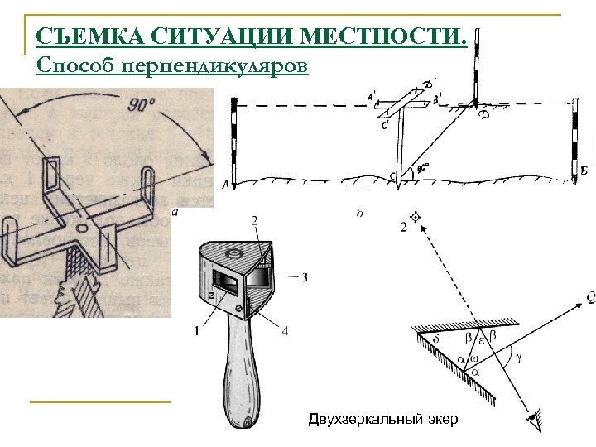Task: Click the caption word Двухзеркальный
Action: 360,420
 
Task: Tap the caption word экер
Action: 442,420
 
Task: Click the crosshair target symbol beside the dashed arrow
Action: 416,217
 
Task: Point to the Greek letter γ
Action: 518,359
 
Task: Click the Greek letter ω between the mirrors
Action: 470,358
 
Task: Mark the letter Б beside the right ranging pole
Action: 584,171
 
